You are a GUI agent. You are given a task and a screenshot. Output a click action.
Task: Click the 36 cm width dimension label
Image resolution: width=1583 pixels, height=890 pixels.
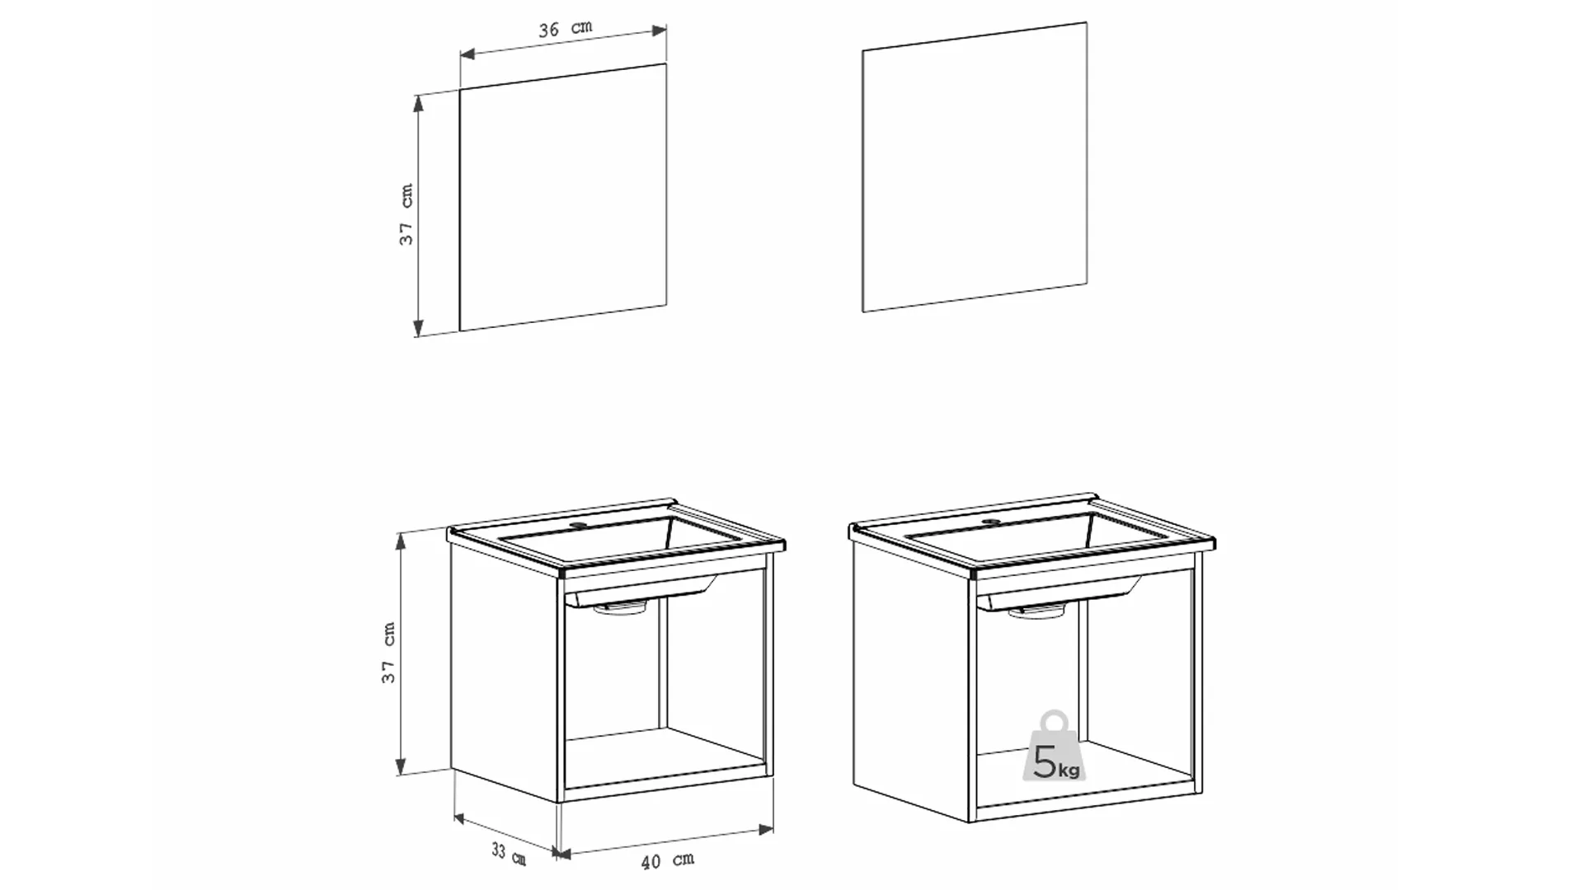point(566,29)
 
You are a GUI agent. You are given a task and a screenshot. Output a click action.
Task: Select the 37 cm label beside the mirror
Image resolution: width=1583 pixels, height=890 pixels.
point(406,214)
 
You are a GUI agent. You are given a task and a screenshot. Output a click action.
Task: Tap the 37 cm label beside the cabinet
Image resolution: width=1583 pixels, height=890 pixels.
point(388,653)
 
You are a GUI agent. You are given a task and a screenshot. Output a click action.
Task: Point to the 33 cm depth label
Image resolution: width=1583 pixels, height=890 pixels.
point(509,853)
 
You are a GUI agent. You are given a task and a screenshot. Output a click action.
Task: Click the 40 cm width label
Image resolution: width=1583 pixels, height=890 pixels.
point(668,861)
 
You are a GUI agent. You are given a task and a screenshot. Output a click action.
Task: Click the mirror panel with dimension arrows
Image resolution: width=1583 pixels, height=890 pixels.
point(562,197)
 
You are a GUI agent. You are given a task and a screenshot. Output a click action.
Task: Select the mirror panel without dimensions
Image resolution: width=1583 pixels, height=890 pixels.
point(975,167)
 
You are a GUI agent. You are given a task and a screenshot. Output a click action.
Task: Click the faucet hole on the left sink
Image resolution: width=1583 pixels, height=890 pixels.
point(579,525)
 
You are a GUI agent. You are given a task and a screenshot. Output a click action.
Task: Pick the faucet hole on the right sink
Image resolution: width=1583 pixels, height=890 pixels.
point(990,522)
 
